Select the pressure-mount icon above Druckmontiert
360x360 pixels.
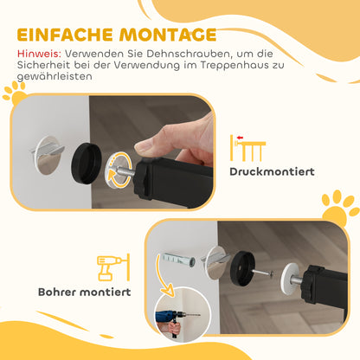pyautogui.click(x=248, y=147)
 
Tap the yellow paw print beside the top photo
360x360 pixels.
pyautogui.click(x=14, y=93)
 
